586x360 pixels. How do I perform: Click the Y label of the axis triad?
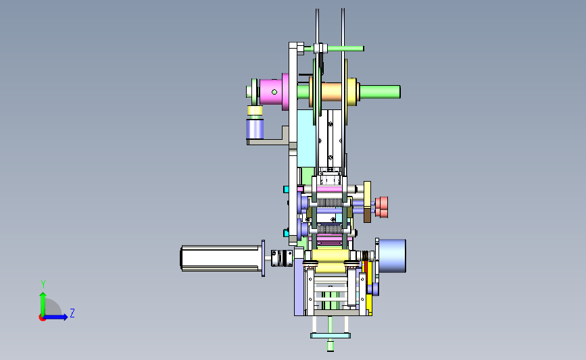point(43,284)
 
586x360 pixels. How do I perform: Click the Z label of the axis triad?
point(72,313)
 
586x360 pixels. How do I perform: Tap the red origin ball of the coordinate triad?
point(42,317)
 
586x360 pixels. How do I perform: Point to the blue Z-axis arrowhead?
point(65,317)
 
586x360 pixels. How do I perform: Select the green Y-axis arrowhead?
point(43,295)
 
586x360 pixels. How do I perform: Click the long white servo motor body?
point(221,258)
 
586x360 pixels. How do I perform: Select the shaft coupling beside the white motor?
point(282,258)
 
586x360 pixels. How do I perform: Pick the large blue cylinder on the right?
point(392,256)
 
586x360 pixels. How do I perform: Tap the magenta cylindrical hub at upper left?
point(274,92)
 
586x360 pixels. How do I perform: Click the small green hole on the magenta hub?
point(274,92)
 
